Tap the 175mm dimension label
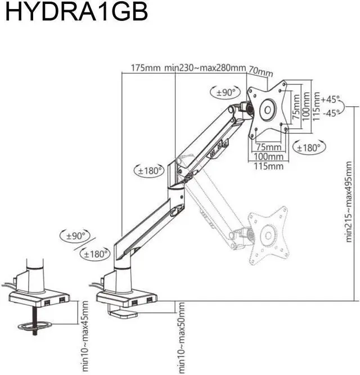(x=146, y=69)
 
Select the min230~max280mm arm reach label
(x=205, y=69)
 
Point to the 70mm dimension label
(x=260, y=72)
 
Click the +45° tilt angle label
(x=331, y=100)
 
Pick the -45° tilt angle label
(x=331, y=112)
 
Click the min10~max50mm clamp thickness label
(x=181, y=337)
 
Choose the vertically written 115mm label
(x=316, y=105)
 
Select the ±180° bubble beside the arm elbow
(x=150, y=171)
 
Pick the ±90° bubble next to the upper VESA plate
(x=225, y=92)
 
